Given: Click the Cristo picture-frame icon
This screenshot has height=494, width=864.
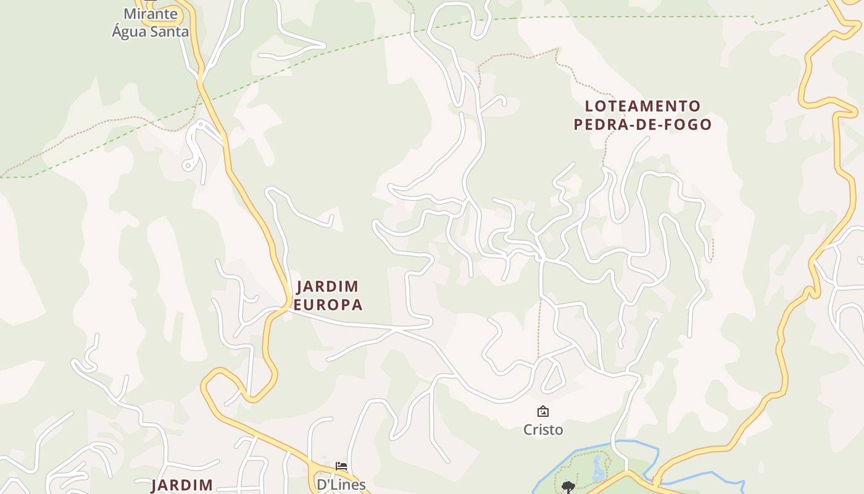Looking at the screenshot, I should [543, 411].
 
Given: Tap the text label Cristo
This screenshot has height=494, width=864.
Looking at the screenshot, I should [543, 429].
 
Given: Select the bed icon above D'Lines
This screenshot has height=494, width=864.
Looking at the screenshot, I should [341, 466].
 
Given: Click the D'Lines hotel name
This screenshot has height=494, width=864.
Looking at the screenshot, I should [341, 485].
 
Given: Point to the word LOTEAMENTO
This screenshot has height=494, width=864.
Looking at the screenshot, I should [642, 106].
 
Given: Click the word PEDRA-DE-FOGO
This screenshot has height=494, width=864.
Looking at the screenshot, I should [642, 125].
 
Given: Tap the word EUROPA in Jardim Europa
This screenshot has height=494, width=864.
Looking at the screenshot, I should [328, 305].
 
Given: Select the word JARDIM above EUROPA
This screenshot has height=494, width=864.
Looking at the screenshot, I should [328, 287].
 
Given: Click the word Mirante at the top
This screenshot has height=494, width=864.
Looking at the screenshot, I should [151, 14].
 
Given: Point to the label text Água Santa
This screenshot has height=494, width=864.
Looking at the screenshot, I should [151, 31].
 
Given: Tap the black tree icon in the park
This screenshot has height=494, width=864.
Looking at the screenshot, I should [568, 487].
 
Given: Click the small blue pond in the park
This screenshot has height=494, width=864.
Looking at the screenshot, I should [598, 469].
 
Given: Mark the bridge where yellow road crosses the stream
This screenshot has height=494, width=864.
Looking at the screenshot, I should [655, 480].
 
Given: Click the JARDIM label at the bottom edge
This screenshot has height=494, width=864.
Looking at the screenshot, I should [182, 485].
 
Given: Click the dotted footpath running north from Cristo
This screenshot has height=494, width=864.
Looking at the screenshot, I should [539, 327].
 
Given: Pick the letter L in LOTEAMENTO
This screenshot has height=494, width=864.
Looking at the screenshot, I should [589, 106].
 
